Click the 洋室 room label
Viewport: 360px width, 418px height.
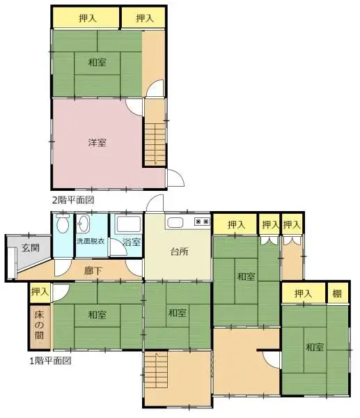[97, 143]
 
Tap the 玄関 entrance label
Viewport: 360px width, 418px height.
[29, 247]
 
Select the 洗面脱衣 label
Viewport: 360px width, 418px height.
[90, 242]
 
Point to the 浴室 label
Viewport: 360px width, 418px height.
[131, 242]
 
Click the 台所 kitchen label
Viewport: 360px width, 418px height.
[179, 252]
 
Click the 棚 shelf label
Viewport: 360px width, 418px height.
[337, 294]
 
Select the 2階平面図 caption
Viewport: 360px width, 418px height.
[73, 200]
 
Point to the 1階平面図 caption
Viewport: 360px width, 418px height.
[50, 361]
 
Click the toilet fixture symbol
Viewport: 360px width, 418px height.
[62, 224]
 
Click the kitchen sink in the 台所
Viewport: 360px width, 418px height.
[174, 223]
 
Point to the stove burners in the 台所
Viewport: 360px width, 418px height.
[203, 222]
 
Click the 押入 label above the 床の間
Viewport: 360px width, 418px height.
[40, 292]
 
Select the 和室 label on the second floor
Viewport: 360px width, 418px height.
[97, 63]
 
